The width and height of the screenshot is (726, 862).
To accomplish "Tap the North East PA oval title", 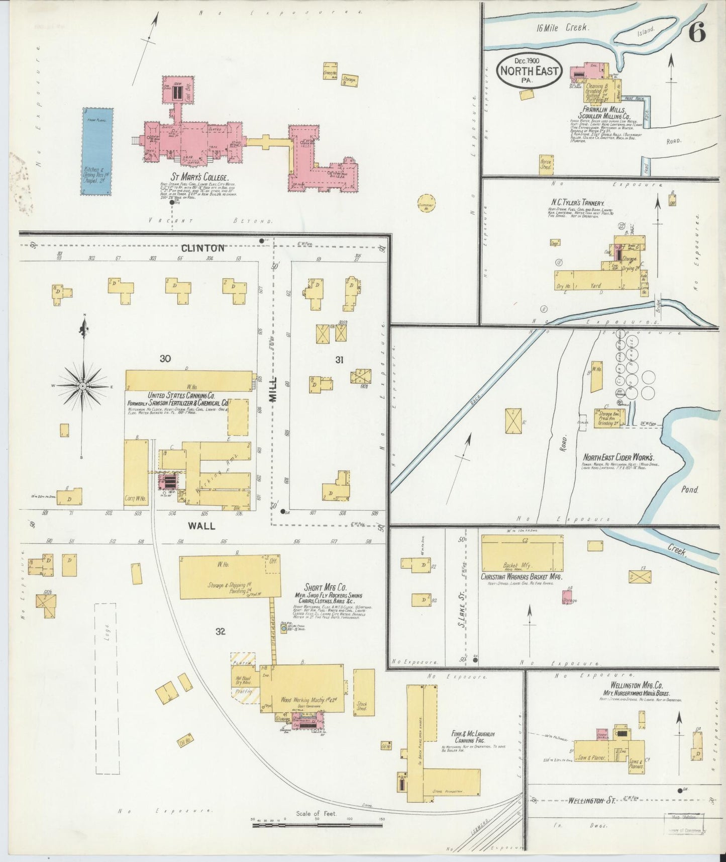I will click(x=529, y=71).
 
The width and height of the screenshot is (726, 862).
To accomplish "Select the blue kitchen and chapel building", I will click(x=97, y=151).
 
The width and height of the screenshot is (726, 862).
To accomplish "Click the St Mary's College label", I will click(x=199, y=178).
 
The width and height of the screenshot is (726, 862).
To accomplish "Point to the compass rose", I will click(x=83, y=386).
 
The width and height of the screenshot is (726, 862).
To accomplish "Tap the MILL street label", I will click(x=273, y=389).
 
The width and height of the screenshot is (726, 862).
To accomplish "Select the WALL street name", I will click(x=201, y=526).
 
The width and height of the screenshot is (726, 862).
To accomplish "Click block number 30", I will click(x=165, y=359).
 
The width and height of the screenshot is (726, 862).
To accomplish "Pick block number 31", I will click(x=339, y=359).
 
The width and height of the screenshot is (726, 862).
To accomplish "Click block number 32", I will click(x=220, y=632).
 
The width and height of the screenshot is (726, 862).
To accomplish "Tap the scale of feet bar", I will click(x=317, y=824).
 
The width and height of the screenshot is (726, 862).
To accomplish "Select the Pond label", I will click(x=690, y=489).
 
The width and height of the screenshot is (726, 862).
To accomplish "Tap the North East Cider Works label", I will click(x=617, y=458).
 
